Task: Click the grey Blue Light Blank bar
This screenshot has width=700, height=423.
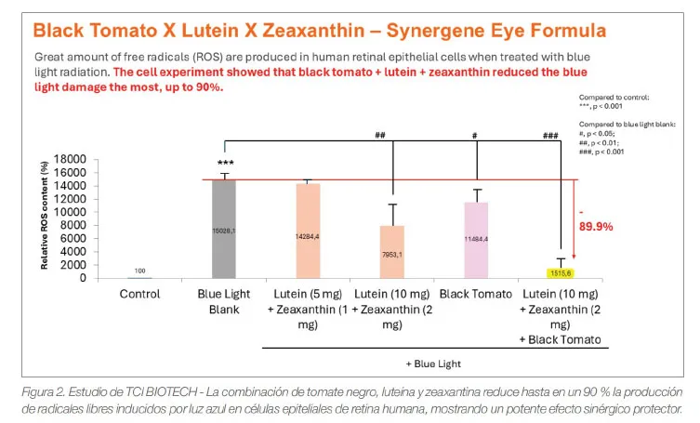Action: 223,229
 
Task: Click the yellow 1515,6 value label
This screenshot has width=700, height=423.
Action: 561,273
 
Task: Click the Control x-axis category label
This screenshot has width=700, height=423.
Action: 139,294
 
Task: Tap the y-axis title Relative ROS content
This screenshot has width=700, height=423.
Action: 44,214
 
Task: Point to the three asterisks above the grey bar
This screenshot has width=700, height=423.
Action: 225,164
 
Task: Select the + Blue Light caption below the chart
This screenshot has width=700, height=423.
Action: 434,363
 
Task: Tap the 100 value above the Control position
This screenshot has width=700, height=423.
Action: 139,271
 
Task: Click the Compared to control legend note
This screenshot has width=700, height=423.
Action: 614,97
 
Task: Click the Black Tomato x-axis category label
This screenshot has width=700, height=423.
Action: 476,294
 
